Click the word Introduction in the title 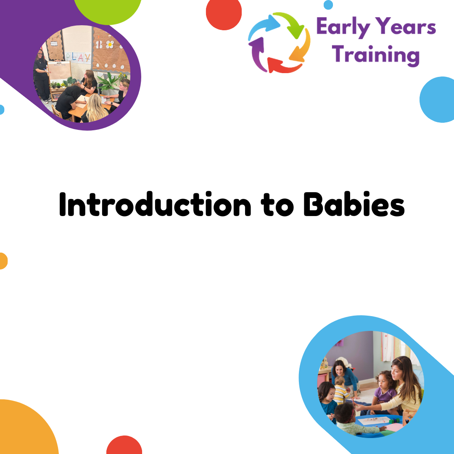[x=155, y=204]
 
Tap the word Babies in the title [x=354, y=204]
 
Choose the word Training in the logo [x=375, y=55]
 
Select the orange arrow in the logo [x=301, y=46]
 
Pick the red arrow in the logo [x=283, y=66]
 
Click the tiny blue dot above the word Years [x=328, y=5]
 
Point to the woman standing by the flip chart [x=41, y=76]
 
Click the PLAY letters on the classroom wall [x=78, y=57]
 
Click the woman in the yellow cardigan [x=402, y=385]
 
